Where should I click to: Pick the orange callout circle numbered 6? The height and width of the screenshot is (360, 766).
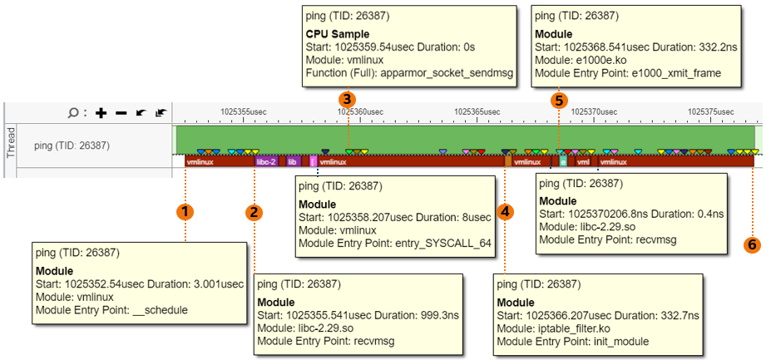click(752, 244)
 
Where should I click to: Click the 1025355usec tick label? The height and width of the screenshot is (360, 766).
click(243, 111)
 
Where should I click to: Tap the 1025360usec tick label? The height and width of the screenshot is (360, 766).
click(360, 111)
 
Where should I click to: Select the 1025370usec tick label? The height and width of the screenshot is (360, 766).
click(593, 111)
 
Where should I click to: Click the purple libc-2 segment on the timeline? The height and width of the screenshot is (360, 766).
click(266, 162)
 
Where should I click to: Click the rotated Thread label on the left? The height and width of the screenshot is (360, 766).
click(11, 143)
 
